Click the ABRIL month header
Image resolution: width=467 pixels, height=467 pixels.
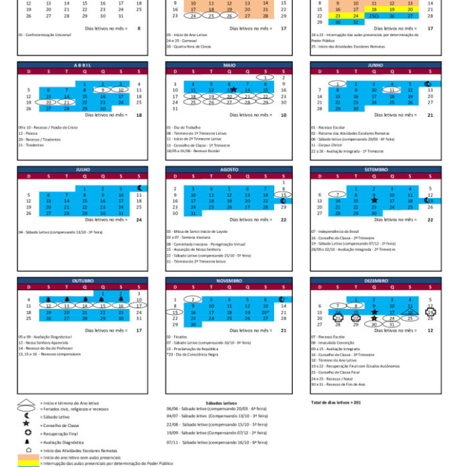point(81,65)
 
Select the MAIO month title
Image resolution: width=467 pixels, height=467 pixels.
point(229,65)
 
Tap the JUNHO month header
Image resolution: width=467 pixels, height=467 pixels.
point(375,65)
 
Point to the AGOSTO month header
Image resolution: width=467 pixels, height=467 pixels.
point(229,169)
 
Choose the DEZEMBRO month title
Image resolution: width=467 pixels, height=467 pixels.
point(375,281)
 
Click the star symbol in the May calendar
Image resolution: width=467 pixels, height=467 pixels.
point(233,89)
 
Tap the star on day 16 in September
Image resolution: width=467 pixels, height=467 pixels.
point(374,200)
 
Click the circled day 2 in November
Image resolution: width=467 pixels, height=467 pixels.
point(192,300)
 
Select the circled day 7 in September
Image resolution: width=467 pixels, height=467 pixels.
point(338,194)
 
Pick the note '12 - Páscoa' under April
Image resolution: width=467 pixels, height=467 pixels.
point(28,133)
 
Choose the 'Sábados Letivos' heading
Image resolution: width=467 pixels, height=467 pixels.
point(221,403)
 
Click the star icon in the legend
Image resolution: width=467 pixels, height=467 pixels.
point(25,424)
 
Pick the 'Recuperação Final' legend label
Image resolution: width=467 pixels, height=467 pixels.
point(61,433)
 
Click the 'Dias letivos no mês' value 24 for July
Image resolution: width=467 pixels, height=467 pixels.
point(138,219)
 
